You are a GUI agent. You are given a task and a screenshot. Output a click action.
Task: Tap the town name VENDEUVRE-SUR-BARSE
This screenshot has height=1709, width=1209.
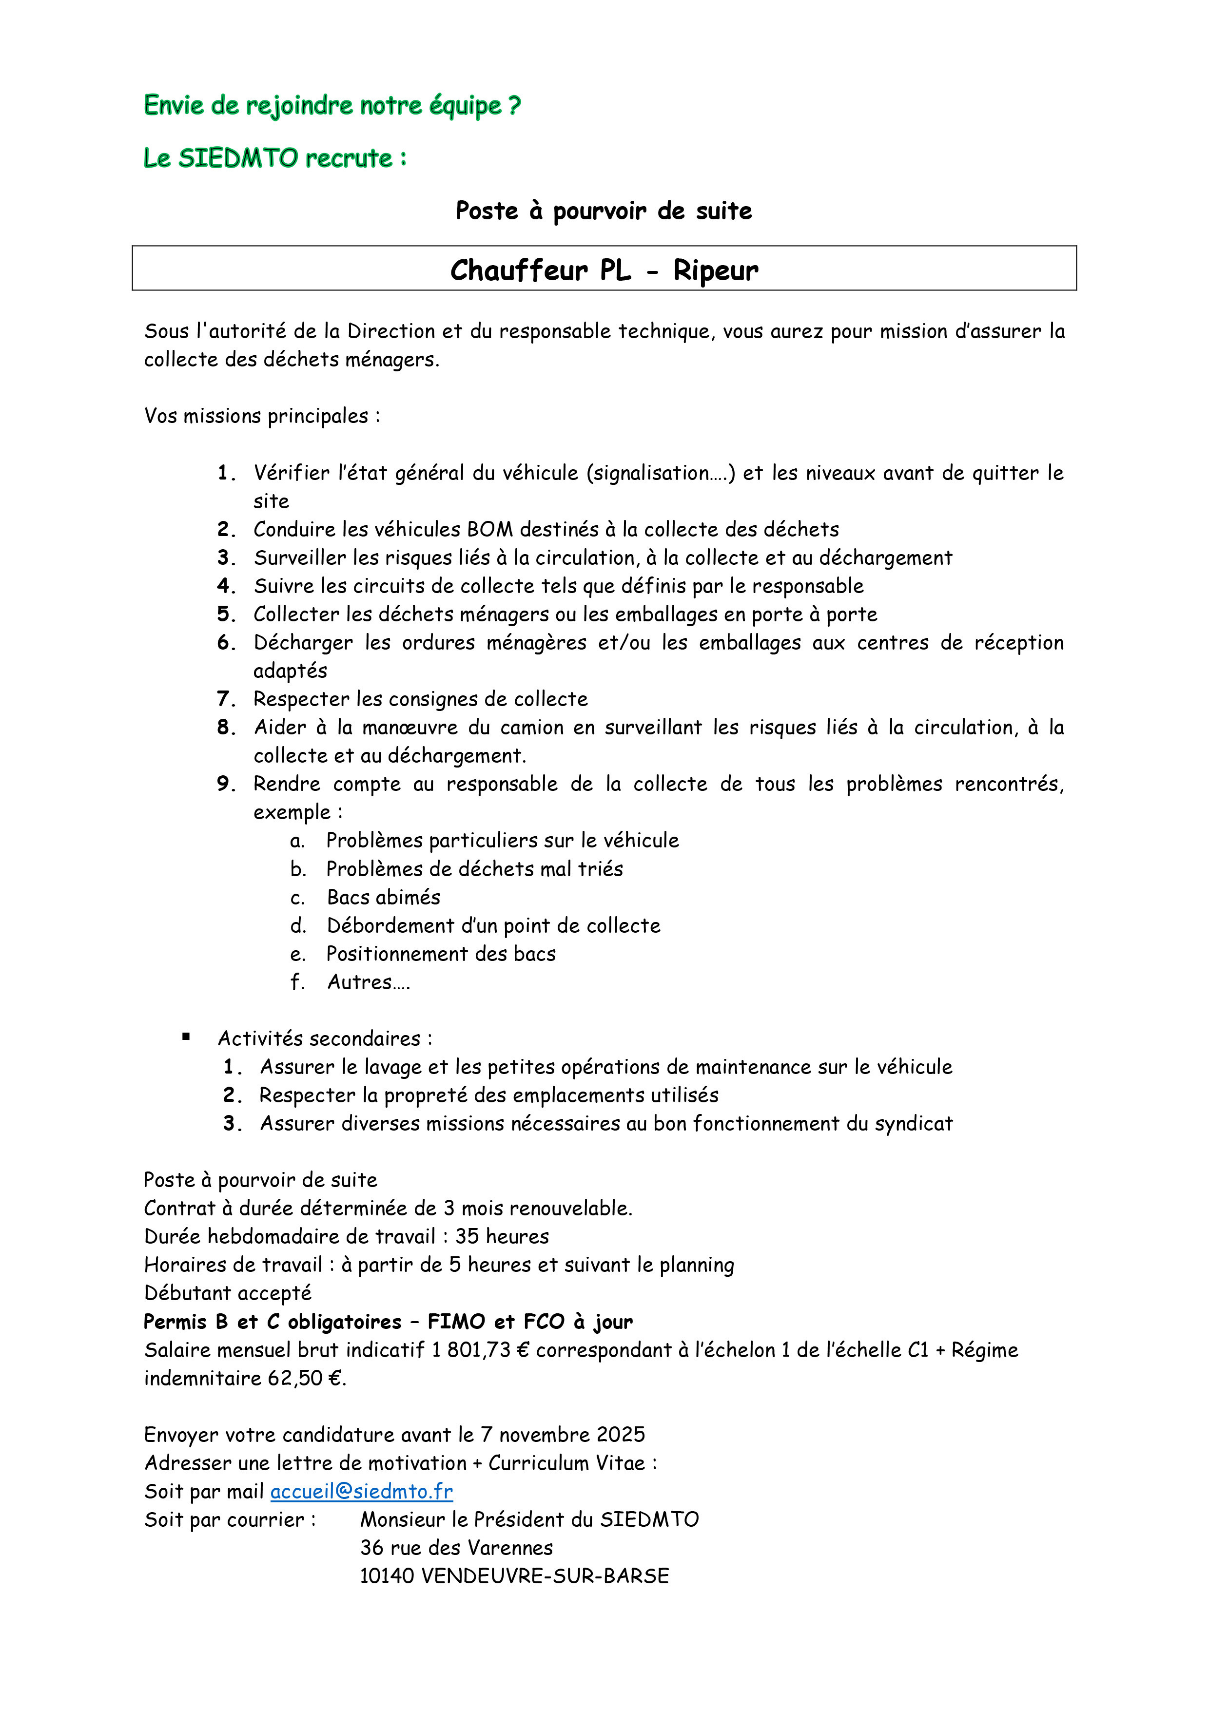point(545,1576)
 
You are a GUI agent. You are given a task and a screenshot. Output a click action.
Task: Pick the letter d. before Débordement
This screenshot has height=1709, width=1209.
point(298,925)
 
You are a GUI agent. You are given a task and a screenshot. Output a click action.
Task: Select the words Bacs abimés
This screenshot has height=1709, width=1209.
point(383,897)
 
